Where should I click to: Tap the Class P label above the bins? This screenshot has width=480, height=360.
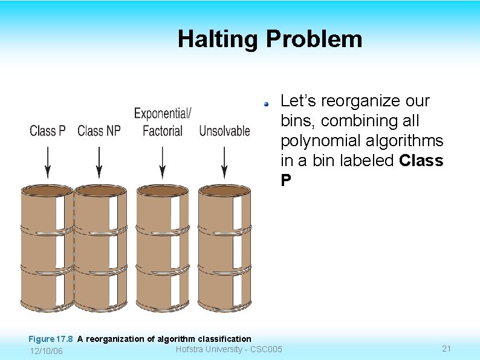click(x=48, y=130)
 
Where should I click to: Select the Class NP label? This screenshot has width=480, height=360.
click(x=99, y=130)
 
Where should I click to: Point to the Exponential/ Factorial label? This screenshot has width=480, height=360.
click(x=162, y=122)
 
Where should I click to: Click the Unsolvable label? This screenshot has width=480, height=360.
click(x=224, y=130)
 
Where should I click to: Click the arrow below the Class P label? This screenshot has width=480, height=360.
click(x=48, y=162)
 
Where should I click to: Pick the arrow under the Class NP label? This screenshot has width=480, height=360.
click(x=100, y=162)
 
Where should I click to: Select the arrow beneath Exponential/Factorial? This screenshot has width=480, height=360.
click(x=162, y=162)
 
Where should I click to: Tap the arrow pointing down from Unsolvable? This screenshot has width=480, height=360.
click(x=224, y=162)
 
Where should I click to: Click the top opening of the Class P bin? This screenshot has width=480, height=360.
click(x=47, y=191)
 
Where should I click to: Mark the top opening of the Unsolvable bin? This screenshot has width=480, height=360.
click(x=224, y=191)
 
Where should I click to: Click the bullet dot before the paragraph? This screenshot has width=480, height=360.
click(x=265, y=103)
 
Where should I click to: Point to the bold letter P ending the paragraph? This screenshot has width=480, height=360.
click(x=285, y=181)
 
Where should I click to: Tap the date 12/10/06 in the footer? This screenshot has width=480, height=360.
click(x=46, y=352)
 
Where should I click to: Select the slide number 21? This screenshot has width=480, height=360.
click(x=447, y=349)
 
